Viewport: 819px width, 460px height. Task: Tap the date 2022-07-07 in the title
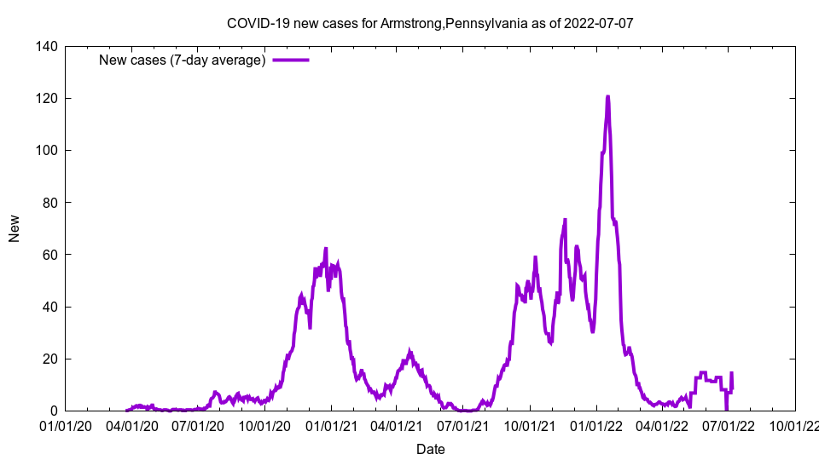(600, 23)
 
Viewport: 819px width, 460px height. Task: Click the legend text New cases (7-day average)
(182, 60)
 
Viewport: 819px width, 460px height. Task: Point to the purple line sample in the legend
(290, 60)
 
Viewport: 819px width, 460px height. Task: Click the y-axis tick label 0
(53, 411)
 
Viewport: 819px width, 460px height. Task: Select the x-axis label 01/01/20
(66, 425)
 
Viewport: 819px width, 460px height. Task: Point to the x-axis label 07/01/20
(198, 425)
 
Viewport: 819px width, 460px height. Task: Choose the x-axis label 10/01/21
(530, 425)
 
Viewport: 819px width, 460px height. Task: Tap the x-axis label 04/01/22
(662, 425)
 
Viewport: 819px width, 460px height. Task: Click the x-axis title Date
(430, 449)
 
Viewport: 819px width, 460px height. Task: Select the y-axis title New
(15, 228)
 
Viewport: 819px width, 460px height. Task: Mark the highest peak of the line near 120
(607, 97)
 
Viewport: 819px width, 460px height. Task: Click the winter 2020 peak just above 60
(326, 249)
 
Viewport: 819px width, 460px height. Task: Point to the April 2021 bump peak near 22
(409, 352)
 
